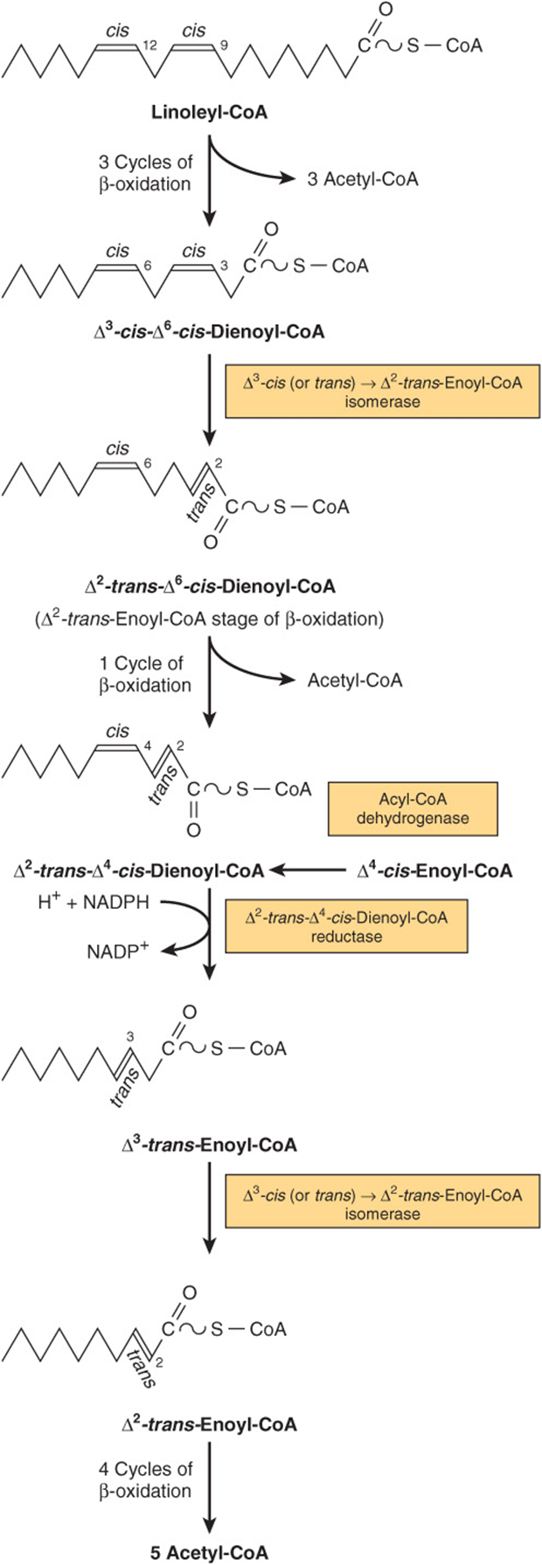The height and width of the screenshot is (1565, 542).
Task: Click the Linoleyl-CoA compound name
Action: click(x=209, y=113)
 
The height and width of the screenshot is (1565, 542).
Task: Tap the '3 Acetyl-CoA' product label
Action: click(x=362, y=179)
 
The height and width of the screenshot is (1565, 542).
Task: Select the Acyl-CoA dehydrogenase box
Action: click(x=412, y=808)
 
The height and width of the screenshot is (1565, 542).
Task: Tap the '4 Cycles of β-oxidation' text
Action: click(x=144, y=1478)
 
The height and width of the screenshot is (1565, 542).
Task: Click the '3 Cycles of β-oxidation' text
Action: click(x=144, y=172)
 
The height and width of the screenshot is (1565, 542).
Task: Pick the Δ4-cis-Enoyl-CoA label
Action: click(x=434, y=869)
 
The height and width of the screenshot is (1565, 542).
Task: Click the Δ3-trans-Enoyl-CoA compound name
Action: click(x=209, y=1144)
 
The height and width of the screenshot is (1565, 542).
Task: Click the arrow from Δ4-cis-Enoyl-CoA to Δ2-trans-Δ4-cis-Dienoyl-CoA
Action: click(x=307, y=870)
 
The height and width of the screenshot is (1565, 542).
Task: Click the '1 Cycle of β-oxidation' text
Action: click(x=144, y=674)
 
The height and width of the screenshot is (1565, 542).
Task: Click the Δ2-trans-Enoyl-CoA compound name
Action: click(x=209, y=1424)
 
